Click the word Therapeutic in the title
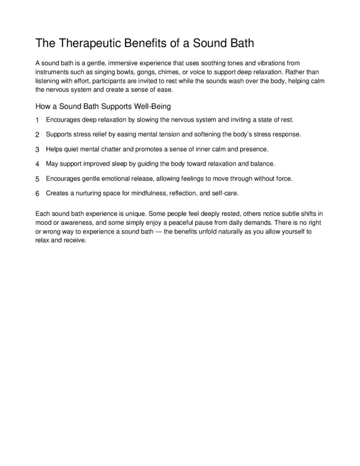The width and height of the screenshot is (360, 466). pos(92,44)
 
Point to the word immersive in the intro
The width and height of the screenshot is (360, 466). pos(124,63)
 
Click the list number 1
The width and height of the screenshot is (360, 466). pos(37,120)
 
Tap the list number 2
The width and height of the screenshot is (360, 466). pos(37,135)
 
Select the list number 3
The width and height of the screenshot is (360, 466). pos(37,149)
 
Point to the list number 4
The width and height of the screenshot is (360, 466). pos(37,164)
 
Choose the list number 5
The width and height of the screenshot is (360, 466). pos(37,179)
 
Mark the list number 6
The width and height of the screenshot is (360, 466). pos(37,193)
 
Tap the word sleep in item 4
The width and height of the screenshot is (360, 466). pos(120,163)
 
